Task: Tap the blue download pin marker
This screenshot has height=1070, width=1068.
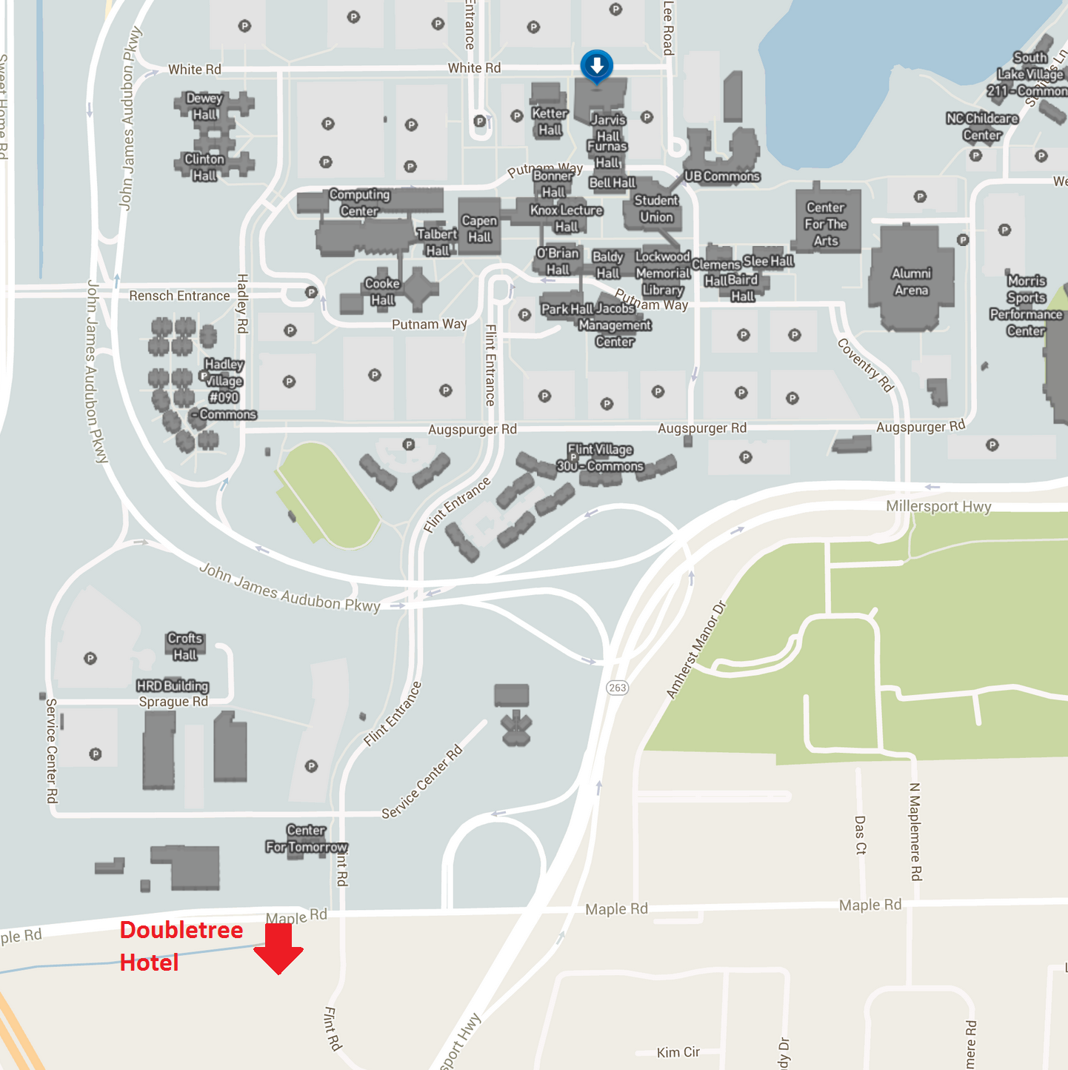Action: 596,66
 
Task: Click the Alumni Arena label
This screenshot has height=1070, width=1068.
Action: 911,282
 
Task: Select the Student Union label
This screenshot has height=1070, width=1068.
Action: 656,209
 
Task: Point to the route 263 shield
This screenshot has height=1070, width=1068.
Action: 617,688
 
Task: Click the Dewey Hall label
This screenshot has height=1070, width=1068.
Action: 204,106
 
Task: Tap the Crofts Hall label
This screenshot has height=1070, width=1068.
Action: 185,646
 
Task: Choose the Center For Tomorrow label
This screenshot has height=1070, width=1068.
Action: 306,839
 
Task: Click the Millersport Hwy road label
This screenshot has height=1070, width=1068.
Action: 938,507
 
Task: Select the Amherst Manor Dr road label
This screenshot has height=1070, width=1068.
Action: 696,650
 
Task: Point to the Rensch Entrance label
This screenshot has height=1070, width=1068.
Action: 179,296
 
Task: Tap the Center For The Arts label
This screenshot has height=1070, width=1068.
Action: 826,224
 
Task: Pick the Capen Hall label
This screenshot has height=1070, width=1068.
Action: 479,229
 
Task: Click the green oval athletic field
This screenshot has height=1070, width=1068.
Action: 328,495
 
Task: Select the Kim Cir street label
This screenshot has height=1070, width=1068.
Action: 678,1052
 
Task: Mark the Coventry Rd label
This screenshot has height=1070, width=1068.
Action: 866,365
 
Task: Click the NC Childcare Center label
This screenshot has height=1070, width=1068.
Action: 982,127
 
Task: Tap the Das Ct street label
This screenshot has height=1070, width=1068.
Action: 860,836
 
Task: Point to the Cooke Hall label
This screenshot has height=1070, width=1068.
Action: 382,291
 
